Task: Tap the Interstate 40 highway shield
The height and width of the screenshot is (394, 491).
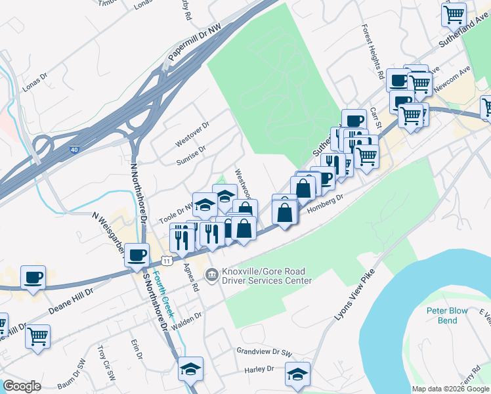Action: (74, 150)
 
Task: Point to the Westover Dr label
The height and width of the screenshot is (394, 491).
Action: (192, 134)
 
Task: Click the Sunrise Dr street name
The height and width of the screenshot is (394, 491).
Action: (191, 154)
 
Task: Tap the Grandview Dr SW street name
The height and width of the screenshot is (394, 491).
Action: (264, 352)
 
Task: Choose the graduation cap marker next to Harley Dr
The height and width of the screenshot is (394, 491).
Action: (297, 374)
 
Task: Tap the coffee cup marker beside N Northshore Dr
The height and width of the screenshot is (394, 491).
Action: (137, 255)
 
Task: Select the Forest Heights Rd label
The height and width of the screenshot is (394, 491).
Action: (372, 53)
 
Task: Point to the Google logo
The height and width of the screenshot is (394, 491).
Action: (22, 386)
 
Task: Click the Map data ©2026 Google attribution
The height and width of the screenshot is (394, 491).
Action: (450, 388)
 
